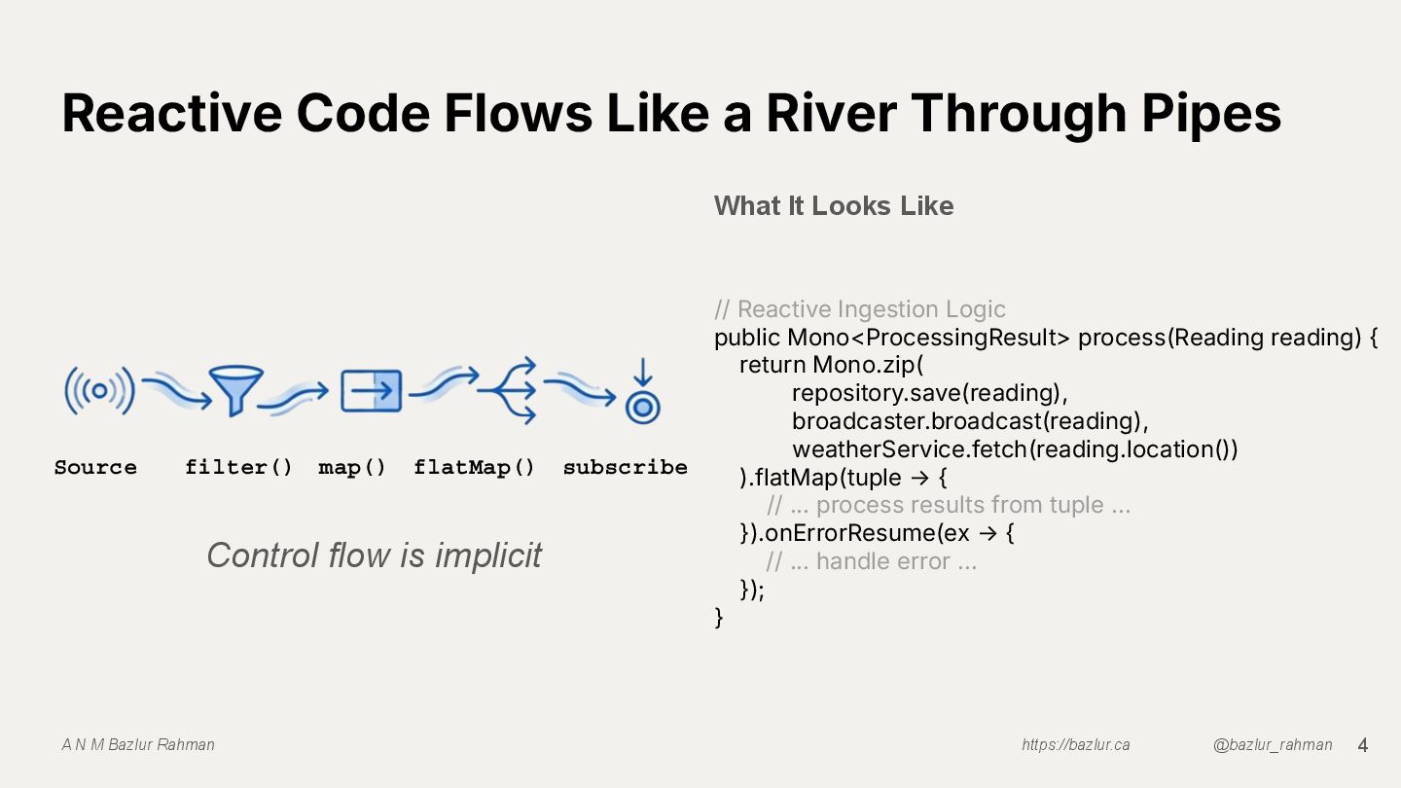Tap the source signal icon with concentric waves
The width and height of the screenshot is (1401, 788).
(x=98, y=391)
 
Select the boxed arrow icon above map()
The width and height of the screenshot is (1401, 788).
(x=371, y=391)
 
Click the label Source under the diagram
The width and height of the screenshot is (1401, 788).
(x=95, y=467)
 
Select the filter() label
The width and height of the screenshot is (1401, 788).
(x=238, y=467)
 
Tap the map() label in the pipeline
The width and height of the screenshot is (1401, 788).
(x=352, y=467)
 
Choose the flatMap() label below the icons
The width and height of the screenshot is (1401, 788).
(x=474, y=467)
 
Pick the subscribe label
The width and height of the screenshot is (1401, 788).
(x=625, y=467)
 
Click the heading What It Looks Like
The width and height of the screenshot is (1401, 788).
(x=833, y=205)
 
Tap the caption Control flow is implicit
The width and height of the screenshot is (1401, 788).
(x=374, y=555)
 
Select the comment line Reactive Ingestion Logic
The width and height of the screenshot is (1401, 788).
(x=860, y=309)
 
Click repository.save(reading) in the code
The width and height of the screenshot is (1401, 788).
(x=929, y=393)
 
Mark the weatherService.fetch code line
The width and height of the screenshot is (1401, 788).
(x=1014, y=449)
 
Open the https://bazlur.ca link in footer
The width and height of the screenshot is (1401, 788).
(x=1075, y=745)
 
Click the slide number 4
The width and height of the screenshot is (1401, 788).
(x=1362, y=745)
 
